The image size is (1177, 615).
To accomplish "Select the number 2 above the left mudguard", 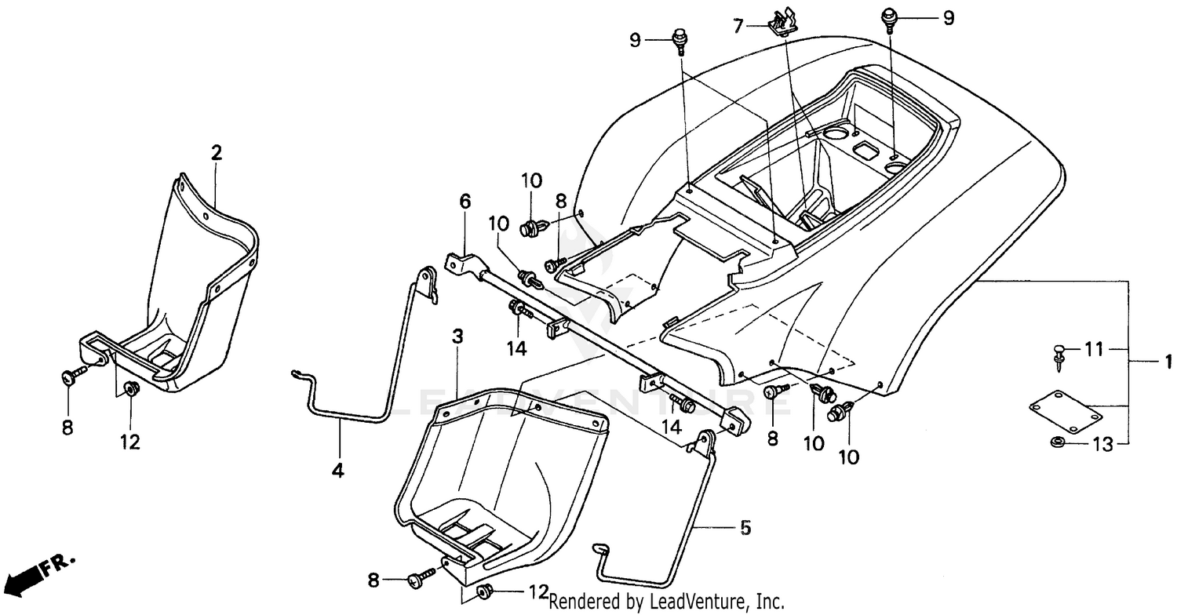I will tap(216, 152).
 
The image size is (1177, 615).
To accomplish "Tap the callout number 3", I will tap(457, 337).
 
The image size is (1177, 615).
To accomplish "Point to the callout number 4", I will tap(337, 471).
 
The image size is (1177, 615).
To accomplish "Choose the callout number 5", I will tap(744, 527).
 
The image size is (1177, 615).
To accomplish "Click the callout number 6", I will tap(465, 202).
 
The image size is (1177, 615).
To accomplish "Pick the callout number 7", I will tap(738, 27).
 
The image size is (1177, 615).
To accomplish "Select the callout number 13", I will tap(1102, 445).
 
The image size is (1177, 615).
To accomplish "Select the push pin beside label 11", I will tap(1059, 352).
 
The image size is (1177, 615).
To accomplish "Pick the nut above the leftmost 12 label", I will tap(130, 388).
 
